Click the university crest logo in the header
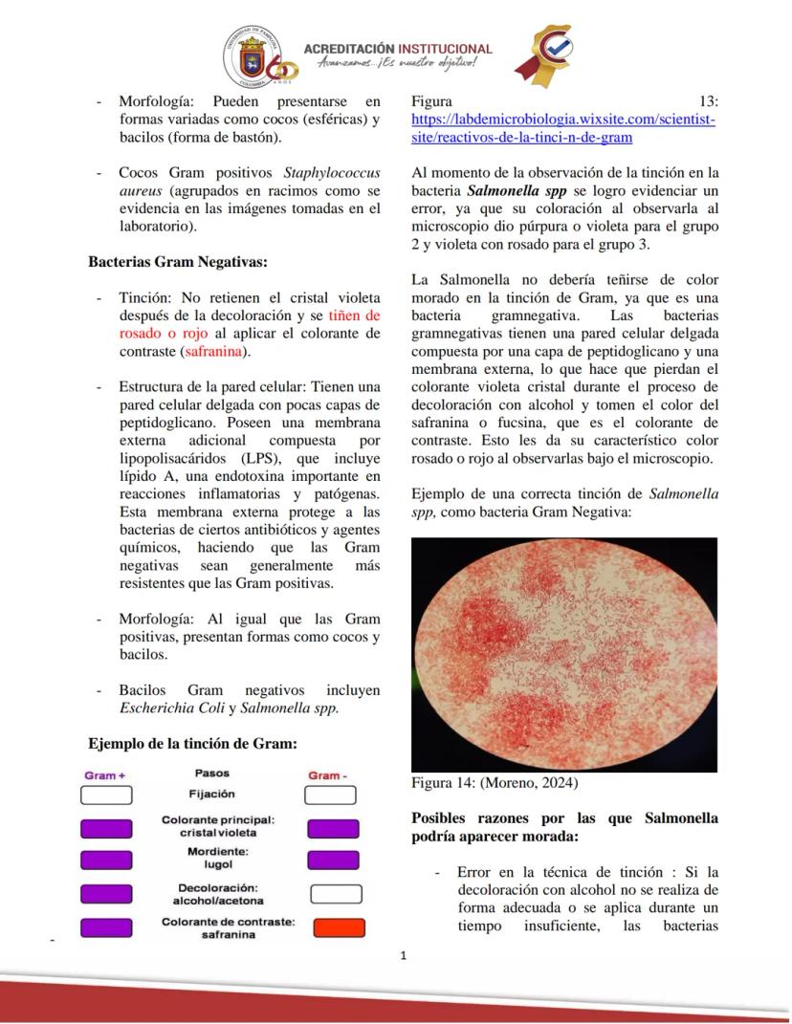[251, 55]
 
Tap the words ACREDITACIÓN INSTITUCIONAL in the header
[397, 49]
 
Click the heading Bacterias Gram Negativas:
[178, 261]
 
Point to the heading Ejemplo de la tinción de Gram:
[192, 743]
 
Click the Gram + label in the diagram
[105, 775]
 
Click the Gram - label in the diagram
[328, 775]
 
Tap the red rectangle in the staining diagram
[339, 927]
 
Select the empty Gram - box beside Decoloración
[336, 894]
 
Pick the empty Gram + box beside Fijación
[106, 795]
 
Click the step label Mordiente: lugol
[217, 857]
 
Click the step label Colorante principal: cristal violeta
[217, 826]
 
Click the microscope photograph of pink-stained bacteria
[563, 654]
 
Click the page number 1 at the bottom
[403, 955]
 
